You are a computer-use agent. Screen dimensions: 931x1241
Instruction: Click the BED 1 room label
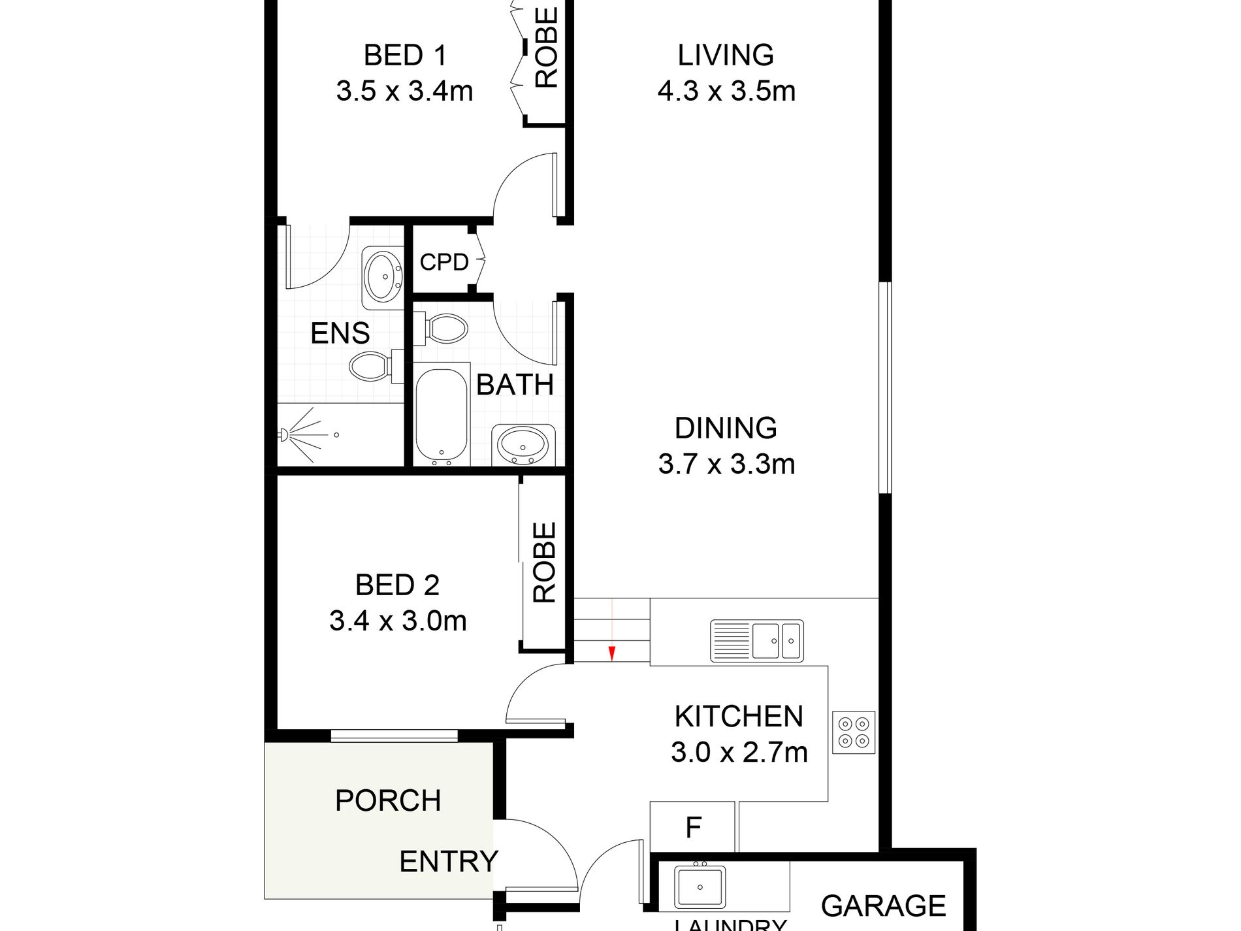(405, 56)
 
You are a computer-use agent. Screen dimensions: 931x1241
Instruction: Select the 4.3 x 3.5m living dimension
(726, 91)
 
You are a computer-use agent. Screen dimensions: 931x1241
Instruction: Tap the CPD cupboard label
(444, 262)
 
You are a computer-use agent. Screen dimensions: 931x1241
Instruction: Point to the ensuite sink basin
(383, 277)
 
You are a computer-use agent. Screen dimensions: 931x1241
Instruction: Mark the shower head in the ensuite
(285, 434)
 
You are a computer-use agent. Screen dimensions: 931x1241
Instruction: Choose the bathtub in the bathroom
(442, 416)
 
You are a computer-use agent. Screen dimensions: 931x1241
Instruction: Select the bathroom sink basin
(523, 446)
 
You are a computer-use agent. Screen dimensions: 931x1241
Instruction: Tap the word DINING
(726, 429)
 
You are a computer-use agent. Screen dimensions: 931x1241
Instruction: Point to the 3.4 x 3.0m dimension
(398, 621)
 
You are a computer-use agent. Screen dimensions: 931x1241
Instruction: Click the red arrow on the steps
(612, 653)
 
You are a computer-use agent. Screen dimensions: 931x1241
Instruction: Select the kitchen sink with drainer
(757, 641)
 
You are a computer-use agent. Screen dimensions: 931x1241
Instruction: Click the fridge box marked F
(693, 828)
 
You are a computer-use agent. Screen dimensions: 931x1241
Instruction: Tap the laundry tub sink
(700, 887)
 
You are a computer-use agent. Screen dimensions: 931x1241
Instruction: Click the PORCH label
(388, 801)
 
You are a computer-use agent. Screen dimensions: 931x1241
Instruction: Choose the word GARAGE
(883, 906)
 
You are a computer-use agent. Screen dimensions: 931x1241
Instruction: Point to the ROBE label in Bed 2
(545, 562)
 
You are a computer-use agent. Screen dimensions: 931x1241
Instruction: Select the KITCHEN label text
(739, 717)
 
